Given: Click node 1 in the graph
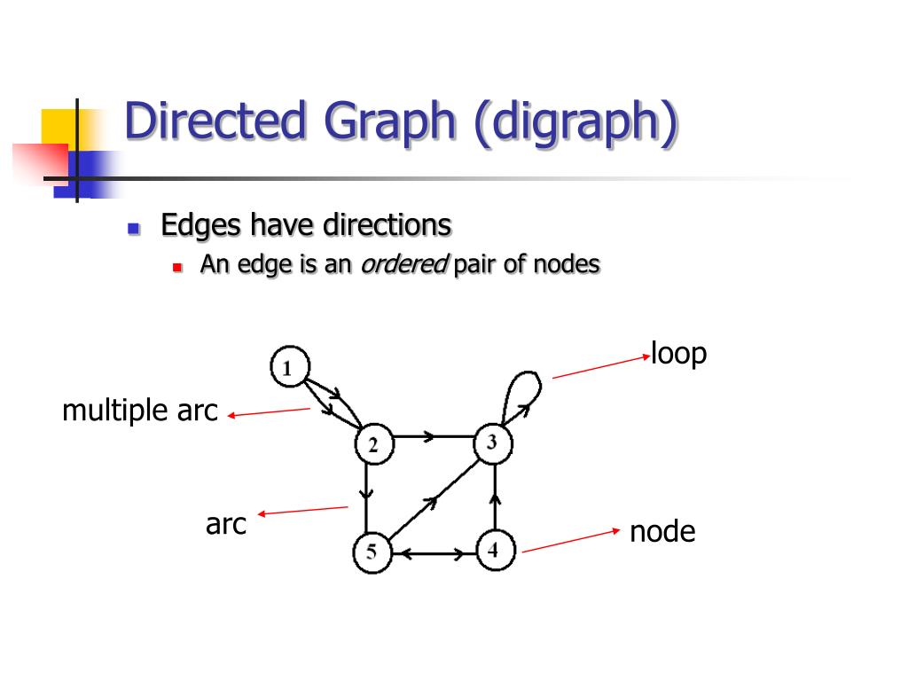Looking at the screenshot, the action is click(290, 366).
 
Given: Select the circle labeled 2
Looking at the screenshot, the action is click(374, 445).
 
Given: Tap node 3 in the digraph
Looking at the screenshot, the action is click(493, 443).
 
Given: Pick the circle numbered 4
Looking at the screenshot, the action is click(495, 550).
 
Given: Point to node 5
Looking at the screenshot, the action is click(372, 552).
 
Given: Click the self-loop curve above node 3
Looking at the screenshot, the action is click(523, 373).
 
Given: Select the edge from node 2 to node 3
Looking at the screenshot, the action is click(434, 436).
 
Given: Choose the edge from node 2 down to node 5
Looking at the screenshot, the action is click(366, 498).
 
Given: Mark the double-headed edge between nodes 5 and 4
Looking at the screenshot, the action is click(434, 554).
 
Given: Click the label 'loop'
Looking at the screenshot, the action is click(678, 353).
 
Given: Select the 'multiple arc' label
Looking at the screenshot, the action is click(139, 410).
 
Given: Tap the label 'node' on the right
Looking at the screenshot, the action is click(662, 532).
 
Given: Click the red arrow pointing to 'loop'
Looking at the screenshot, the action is click(601, 367).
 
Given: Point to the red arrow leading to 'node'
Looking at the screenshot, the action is click(571, 541).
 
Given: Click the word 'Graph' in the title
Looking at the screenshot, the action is click(390, 122).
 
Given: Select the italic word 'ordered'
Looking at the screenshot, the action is click(404, 264).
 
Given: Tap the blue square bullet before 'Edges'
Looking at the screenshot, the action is click(134, 228).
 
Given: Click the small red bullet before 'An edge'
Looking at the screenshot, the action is click(177, 268).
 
